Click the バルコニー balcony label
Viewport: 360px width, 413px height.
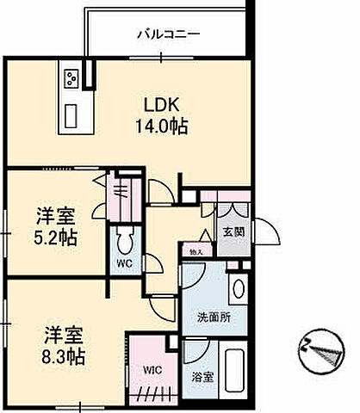coord(168,35)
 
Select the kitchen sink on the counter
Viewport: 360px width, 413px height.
coord(69,113)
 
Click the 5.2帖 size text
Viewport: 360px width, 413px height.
coord(56,237)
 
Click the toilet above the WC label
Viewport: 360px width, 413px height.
coord(123,238)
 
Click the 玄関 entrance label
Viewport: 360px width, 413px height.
coord(233,231)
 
